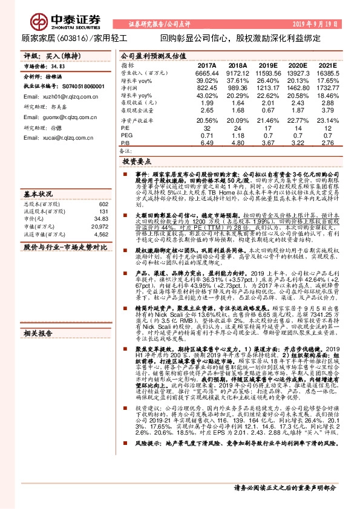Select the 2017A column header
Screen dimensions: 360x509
coord(207,65)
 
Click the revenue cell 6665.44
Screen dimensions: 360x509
coord(206,73)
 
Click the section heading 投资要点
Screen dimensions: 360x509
coord(137,162)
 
